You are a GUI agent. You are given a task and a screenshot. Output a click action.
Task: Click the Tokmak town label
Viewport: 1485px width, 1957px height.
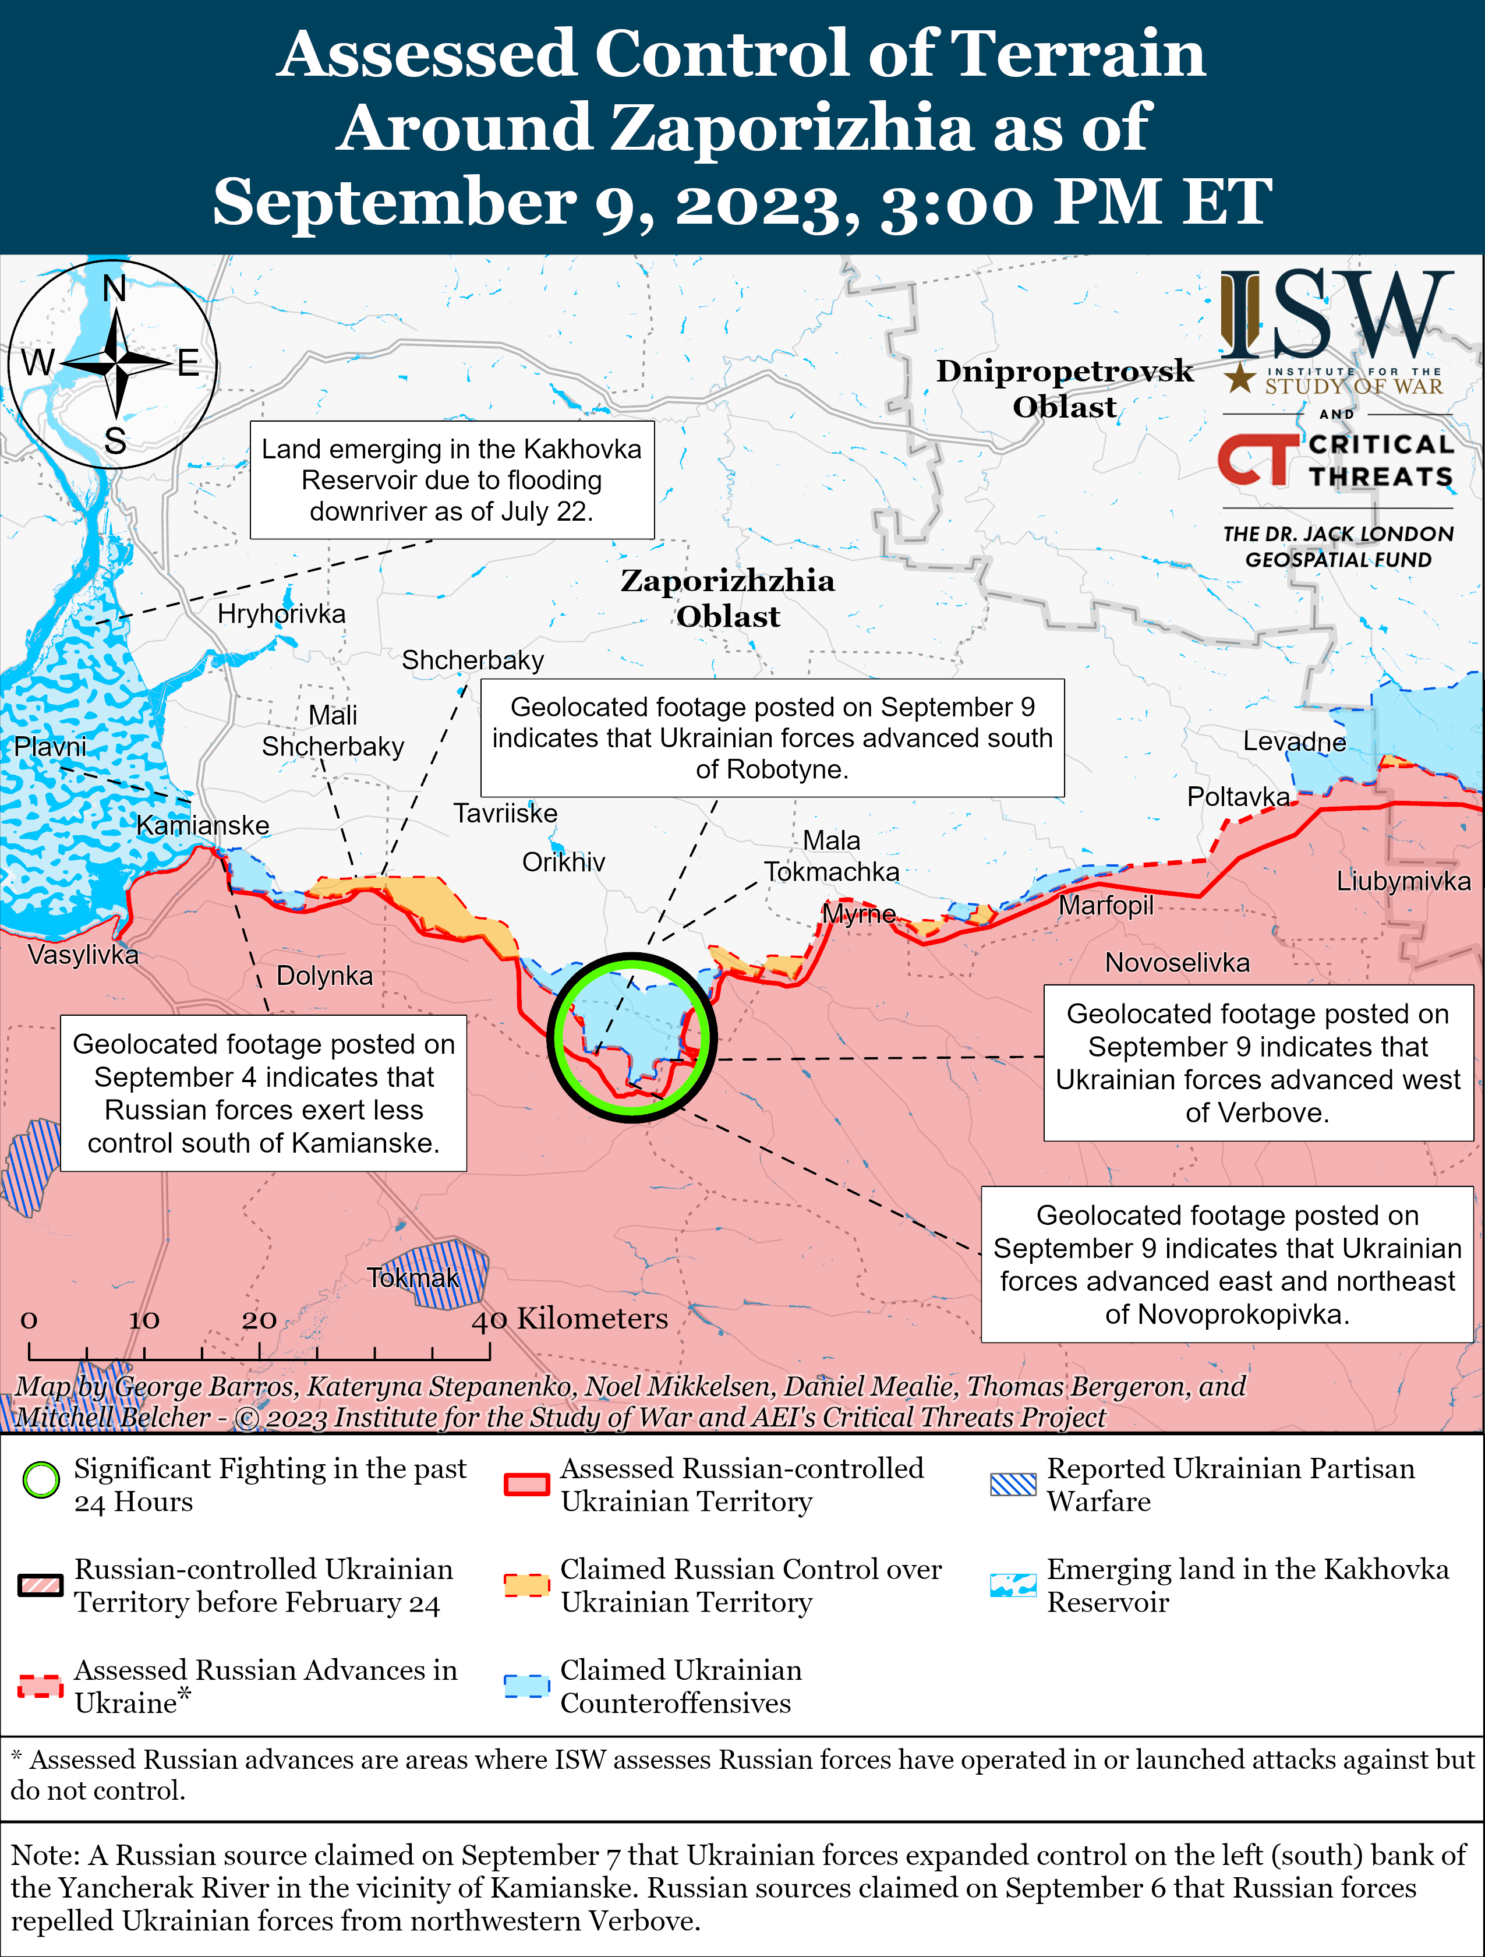413,1277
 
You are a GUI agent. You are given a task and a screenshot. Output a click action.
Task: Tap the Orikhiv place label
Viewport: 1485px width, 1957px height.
563,861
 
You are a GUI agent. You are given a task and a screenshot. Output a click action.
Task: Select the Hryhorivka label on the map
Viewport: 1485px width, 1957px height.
281,613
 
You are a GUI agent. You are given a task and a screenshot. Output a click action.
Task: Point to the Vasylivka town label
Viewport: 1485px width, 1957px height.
83,955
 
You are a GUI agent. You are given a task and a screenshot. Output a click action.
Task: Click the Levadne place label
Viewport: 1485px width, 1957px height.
1294,741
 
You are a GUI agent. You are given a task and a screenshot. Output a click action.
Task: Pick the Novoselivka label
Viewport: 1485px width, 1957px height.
1177,963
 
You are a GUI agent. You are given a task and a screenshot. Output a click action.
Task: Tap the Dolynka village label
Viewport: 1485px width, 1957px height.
324,976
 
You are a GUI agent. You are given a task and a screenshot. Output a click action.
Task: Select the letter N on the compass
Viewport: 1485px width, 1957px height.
114,288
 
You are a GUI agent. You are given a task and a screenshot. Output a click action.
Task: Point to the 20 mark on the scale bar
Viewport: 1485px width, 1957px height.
259,1320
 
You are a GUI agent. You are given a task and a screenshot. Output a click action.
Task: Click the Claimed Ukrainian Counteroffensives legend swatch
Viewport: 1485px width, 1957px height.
526,1686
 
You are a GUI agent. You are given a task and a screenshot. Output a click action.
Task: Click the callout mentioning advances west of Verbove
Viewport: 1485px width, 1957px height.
1258,1062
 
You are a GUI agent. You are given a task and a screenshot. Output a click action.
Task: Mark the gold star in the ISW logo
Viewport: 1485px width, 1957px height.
1240,378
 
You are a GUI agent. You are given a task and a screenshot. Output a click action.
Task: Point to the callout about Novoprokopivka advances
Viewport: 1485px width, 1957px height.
1227,1264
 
